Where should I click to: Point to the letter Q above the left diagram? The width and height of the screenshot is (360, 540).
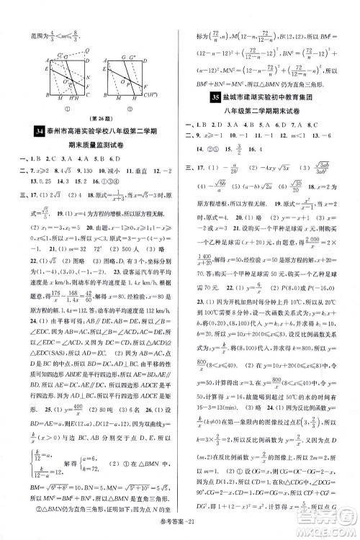(86, 40)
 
